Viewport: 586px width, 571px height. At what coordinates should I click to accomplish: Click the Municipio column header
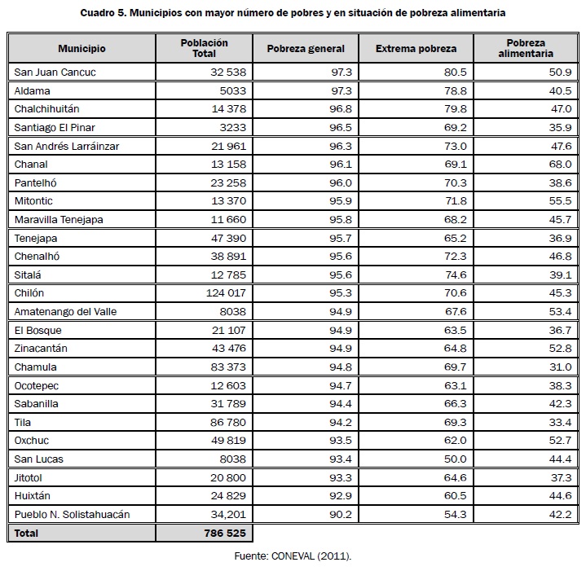pyautogui.click(x=82, y=49)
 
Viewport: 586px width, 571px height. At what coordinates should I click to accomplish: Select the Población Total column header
pyautogui.click(x=204, y=48)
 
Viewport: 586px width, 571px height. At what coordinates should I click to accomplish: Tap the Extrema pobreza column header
pyautogui.click(x=416, y=49)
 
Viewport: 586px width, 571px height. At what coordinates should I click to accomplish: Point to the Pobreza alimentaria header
pyautogui.click(x=525, y=48)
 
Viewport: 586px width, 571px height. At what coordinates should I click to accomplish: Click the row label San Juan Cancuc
pyautogui.click(x=55, y=72)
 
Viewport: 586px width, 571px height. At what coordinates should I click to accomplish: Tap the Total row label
pyautogui.click(x=26, y=533)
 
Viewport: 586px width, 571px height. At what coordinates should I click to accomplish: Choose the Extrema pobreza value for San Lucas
pyautogui.click(x=454, y=459)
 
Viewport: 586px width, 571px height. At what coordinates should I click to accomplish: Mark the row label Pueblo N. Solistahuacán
pyautogui.click(x=73, y=515)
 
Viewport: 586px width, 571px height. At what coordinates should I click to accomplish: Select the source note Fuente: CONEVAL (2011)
pyautogui.click(x=292, y=556)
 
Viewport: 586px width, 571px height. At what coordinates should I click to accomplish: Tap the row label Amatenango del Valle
pyautogui.click(x=66, y=312)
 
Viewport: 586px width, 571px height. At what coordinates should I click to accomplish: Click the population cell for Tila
pyautogui.click(x=228, y=423)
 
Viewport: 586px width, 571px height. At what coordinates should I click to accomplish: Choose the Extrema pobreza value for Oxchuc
pyautogui.click(x=453, y=441)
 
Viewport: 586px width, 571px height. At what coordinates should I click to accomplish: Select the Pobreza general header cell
pyautogui.click(x=306, y=49)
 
